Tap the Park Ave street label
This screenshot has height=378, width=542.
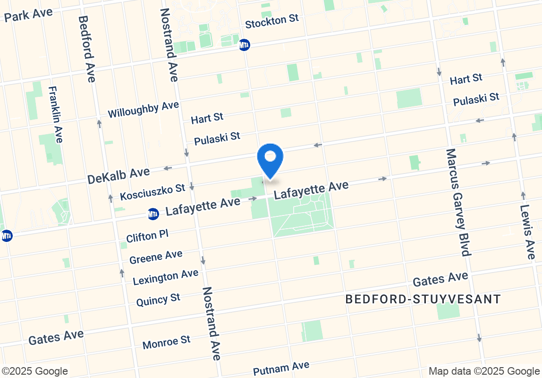pos(28,15)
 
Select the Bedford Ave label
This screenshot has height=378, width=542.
pos(87,49)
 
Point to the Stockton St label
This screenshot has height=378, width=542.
pos(272,21)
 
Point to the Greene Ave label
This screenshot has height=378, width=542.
pos(156,257)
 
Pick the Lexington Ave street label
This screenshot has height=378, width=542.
pos(166,277)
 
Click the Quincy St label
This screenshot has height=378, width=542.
pos(158,300)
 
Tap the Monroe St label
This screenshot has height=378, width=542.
pos(167,342)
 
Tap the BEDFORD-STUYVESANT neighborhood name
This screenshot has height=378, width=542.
pos(423,299)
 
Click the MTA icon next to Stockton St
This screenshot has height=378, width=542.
pos(244,45)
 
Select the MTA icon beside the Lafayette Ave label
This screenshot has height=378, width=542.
pos(153,214)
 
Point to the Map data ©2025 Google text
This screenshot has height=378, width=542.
pos(484,371)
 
